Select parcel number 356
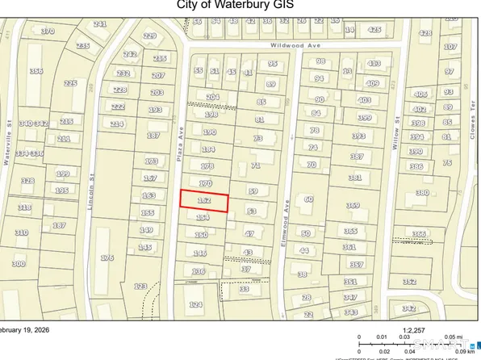[x=36, y=71]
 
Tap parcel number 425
[x=374, y=30]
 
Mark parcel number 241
[x=100, y=24]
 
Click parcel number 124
[x=194, y=304]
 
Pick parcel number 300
[x=18, y=263]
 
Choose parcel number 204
[x=212, y=97]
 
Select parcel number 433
[x=374, y=63]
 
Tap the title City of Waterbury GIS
[x=240, y=6]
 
